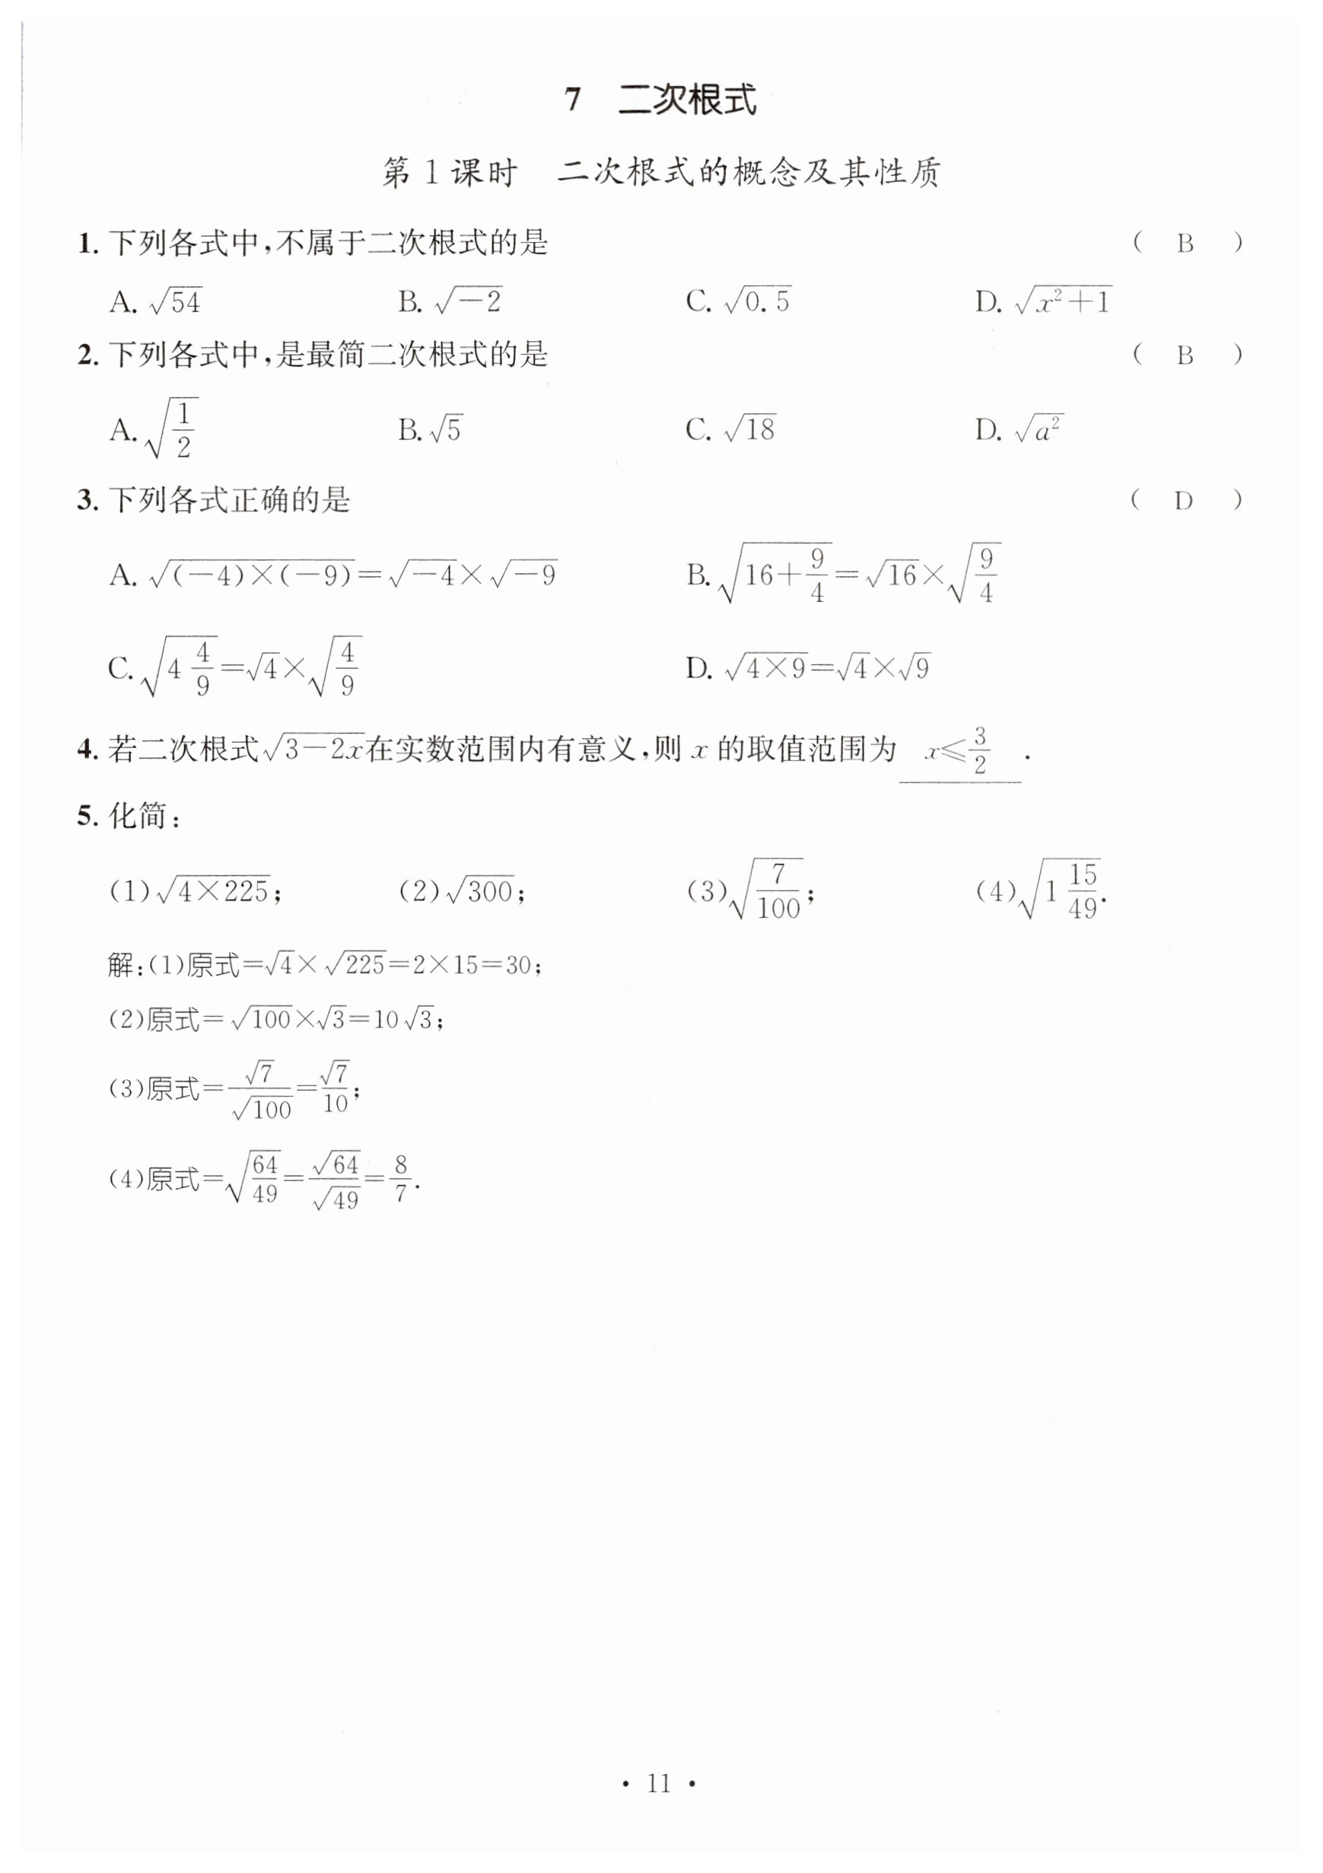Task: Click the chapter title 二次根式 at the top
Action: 687,100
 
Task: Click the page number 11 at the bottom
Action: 658,1784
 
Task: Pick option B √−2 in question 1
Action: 450,302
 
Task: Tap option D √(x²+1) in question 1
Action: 1044,302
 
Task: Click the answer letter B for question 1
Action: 1185,244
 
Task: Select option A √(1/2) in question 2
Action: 155,429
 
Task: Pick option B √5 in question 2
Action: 431,429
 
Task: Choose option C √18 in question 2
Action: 731,429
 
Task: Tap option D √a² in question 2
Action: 1019,429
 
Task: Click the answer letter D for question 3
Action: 1184,501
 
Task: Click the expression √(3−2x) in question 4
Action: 313,749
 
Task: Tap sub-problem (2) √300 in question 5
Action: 462,890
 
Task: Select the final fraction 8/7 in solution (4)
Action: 400,1179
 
